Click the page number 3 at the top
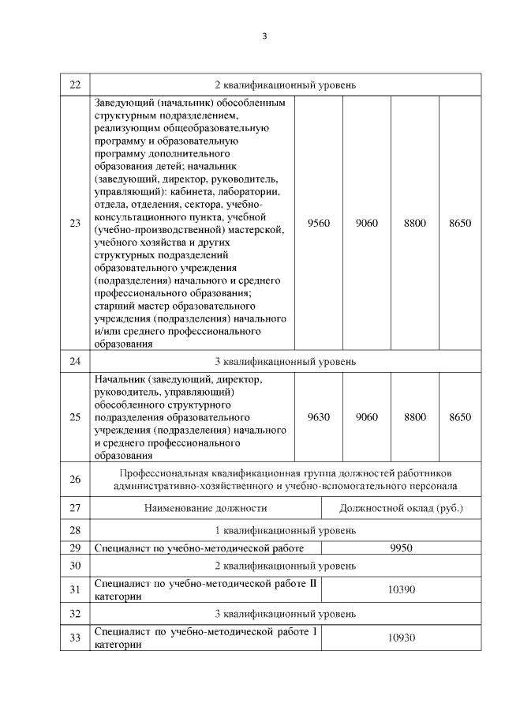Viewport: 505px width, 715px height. [264, 36]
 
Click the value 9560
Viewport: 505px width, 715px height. [319, 224]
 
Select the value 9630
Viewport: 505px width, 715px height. [319, 417]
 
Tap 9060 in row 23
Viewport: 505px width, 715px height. [366, 224]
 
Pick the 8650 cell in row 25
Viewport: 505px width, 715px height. [459, 417]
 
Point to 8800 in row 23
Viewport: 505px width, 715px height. [414, 224]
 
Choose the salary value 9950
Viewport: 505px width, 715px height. [402, 548]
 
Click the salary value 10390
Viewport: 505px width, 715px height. [402, 589]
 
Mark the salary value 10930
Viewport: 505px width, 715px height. [402, 638]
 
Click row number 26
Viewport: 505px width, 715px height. [75, 480]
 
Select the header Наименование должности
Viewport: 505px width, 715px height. [205, 508]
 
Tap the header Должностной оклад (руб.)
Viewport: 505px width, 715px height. [402, 508]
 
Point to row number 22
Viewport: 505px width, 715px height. [75, 85]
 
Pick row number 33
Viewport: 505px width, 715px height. [75, 638]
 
